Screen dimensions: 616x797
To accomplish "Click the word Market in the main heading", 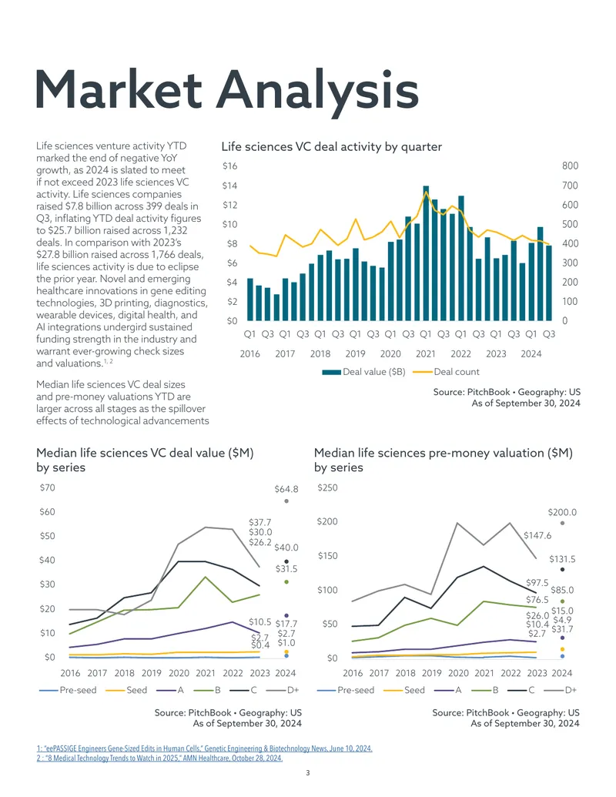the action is pos(119,89).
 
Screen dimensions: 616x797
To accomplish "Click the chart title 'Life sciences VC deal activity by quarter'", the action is pos(331,147).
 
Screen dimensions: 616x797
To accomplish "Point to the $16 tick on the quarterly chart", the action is pos(229,166).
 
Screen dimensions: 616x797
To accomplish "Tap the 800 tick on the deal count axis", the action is pos(570,166).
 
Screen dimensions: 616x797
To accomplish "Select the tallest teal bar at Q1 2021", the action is pos(426,253).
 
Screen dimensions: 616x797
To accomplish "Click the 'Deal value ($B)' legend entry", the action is pos(364,372).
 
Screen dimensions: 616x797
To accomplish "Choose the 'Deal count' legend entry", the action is pos(446,372).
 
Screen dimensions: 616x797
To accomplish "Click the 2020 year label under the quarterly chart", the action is pos(390,353).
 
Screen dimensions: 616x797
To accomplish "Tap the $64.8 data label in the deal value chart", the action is pos(286,489).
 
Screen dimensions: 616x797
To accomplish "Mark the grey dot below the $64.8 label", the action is pos(286,501).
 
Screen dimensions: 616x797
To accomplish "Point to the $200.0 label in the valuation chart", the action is pos(562,512).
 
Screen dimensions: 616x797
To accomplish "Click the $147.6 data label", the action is pos(537,535).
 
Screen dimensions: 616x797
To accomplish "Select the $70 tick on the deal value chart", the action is pos(47,487).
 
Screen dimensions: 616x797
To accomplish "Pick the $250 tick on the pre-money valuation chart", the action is pos(327,487).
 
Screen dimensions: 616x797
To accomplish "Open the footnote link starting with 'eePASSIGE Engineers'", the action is pos(204,748).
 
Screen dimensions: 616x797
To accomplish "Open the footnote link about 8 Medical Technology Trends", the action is pos(159,758).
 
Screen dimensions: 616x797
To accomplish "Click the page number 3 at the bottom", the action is pos(308,773).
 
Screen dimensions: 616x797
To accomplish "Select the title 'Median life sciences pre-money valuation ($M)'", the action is pos(444,453).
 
